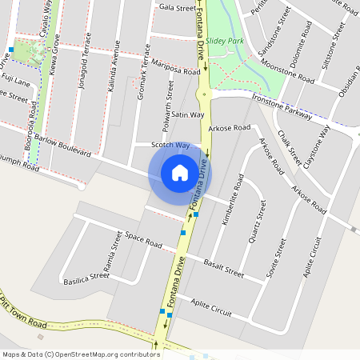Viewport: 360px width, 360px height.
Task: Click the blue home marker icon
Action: pyautogui.click(x=180, y=172)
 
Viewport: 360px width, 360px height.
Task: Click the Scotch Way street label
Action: pyautogui.click(x=170, y=146)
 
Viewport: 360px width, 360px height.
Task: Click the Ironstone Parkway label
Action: pyautogui.click(x=282, y=104)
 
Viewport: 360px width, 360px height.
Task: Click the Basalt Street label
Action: pyautogui.click(x=223, y=268)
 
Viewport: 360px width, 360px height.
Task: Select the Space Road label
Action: pyautogui.click(x=144, y=240)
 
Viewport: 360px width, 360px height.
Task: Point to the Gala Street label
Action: pyautogui.click(x=177, y=8)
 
